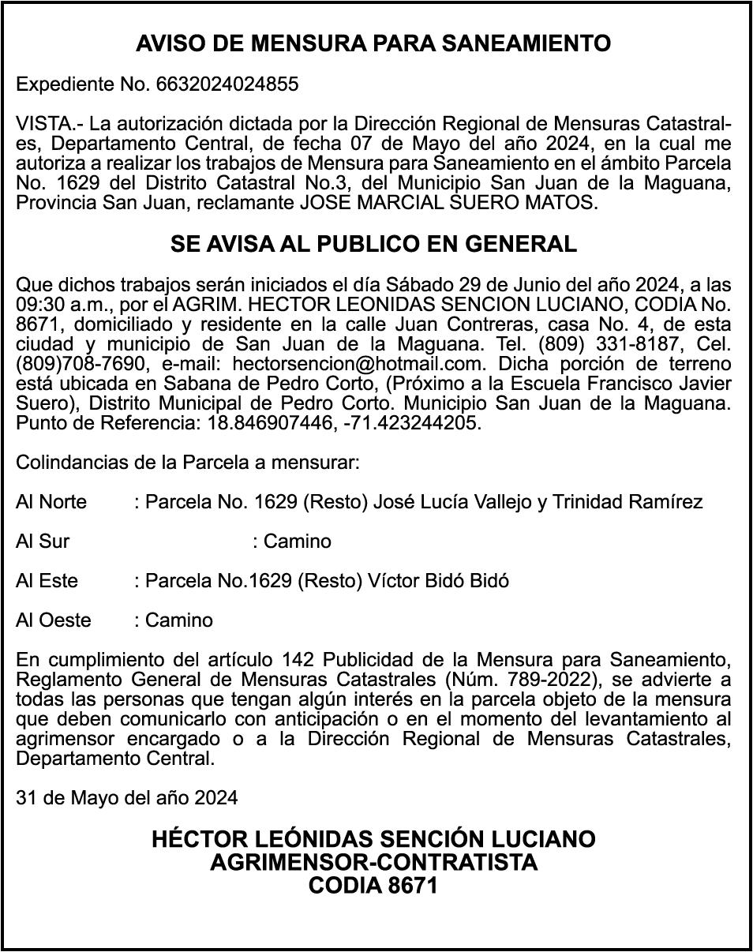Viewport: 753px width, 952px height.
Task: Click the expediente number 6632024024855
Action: [227, 84]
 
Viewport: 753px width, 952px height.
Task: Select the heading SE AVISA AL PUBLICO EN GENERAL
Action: [373, 245]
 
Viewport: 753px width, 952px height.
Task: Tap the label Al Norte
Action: [51, 502]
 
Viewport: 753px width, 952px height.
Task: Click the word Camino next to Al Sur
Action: [297, 542]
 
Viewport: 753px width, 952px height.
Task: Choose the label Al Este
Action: [47, 581]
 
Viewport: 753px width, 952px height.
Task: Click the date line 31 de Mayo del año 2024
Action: [126, 798]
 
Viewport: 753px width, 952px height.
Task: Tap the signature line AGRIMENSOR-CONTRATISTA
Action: [373, 862]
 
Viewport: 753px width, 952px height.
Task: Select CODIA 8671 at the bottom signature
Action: [373, 886]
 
